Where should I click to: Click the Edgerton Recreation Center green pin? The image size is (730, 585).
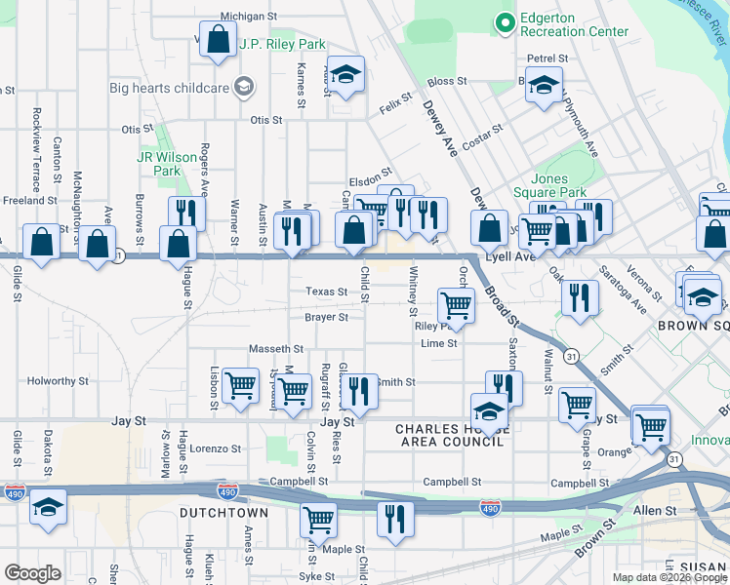pyautogui.click(x=505, y=21)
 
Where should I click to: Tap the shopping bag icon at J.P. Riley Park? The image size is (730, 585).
pyautogui.click(x=219, y=41)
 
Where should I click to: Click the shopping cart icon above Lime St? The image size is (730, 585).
pyautogui.click(x=456, y=304)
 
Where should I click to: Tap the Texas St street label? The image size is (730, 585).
pyautogui.click(x=326, y=292)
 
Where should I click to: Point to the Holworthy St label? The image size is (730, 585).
pyautogui.click(x=58, y=381)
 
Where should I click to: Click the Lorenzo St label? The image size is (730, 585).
pyautogui.click(x=215, y=448)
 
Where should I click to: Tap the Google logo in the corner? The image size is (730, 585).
pyautogui.click(x=32, y=573)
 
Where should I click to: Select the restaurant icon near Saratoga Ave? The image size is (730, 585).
pyautogui.click(x=580, y=297)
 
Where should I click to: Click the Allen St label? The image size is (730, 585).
pyautogui.click(x=655, y=511)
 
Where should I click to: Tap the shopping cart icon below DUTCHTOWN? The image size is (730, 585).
pyautogui.click(x=318, y=520)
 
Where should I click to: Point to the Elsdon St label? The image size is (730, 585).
pyautogui.click(x=370, y=182)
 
